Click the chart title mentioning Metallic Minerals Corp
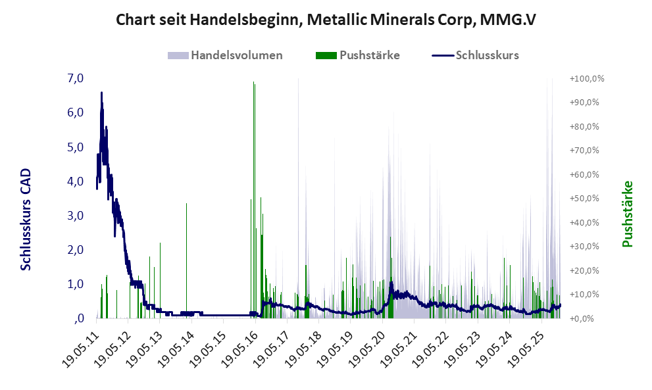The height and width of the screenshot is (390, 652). [x=326, y=20]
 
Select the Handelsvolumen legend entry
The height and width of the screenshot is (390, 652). [x=236, y=55]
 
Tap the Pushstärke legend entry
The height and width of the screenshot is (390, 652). [x=369, y=55]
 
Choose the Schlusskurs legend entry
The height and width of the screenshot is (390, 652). [x=487, y=55]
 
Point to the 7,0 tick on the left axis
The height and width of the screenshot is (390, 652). [x=76, y=78]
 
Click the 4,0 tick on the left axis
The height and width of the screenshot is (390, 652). [x=76, y=181]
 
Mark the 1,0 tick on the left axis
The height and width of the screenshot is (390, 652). [x=76, y=284]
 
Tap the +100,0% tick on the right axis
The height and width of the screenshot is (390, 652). [x=587, y=79]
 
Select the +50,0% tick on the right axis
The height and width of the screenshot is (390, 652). [x=585, y=199]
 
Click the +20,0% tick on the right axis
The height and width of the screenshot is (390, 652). [x=585, y=270]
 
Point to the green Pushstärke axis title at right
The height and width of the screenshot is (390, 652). [x=627, y=214]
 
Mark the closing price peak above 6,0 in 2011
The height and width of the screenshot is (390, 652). [x=101, y=93]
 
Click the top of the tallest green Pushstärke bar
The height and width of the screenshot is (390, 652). [x=261, y=197]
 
